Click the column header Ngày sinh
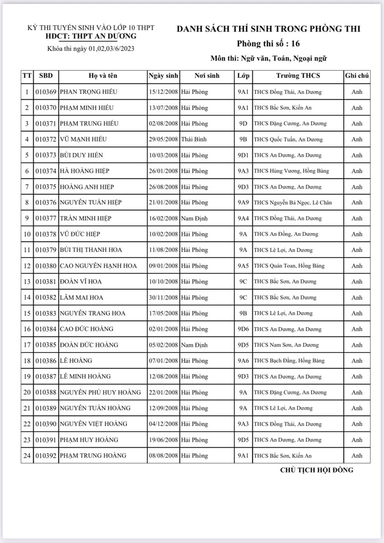point(163,76)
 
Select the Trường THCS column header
point(298,76)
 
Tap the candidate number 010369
point(46,92)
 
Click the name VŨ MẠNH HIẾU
point(83,139)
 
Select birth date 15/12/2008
point(163,92)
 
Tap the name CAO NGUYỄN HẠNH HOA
point(99,266)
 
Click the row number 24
point(27,456)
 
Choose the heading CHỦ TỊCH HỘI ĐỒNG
point(317,470)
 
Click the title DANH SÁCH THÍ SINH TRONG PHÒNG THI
point(268,29)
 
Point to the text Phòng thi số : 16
point(269,44)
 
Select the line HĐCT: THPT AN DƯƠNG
point(91,36)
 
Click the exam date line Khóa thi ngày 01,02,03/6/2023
point(91,49)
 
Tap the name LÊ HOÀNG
point(76,361)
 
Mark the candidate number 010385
point(46,345)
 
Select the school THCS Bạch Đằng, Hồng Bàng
point(289,361)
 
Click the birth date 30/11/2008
point(163,297)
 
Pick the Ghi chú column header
point(357,76)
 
